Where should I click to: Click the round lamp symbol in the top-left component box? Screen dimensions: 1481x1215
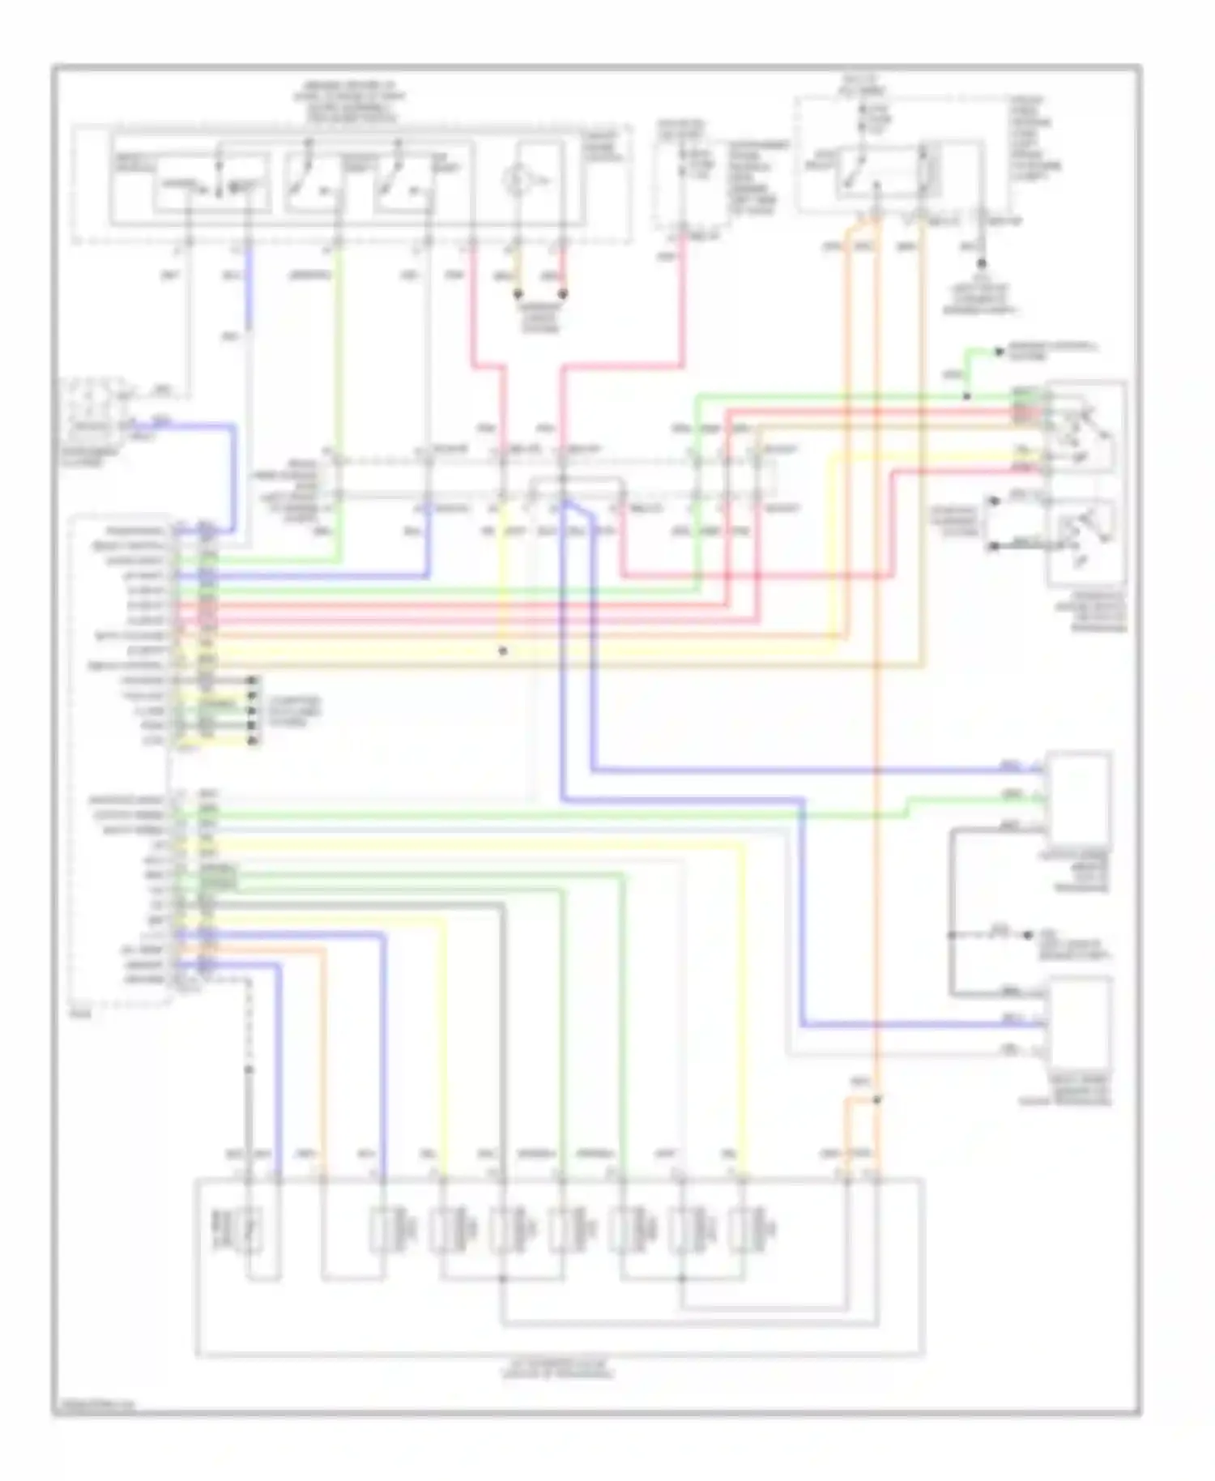tap(517, 180)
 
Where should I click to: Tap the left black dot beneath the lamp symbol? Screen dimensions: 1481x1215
tap(518, 294)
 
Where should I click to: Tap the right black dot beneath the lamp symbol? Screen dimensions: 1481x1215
tap(562, 294)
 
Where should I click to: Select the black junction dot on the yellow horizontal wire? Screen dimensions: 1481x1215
tap(503, 651)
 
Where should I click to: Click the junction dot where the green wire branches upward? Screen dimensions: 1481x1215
tap(966, 397)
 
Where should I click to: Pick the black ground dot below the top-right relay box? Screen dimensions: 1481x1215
tap(981, 263)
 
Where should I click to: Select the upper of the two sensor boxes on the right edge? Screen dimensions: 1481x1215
tap(1080, 798)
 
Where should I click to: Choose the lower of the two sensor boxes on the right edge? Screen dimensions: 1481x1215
tap(1080, 1022)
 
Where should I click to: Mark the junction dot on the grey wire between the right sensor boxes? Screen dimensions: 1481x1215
tap(953, 935)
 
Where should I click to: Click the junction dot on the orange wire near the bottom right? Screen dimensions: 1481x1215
tap(877, 1099)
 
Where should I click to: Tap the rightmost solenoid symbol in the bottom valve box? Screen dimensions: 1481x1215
tap(744, 1230)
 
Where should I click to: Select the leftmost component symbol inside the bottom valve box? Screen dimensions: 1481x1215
tap(248, 1228)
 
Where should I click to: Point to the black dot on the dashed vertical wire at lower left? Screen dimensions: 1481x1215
tap(249, 1069)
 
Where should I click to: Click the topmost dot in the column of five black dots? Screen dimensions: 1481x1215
tap(253, 681)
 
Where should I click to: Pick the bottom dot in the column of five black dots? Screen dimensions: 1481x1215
tap(253, 740)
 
